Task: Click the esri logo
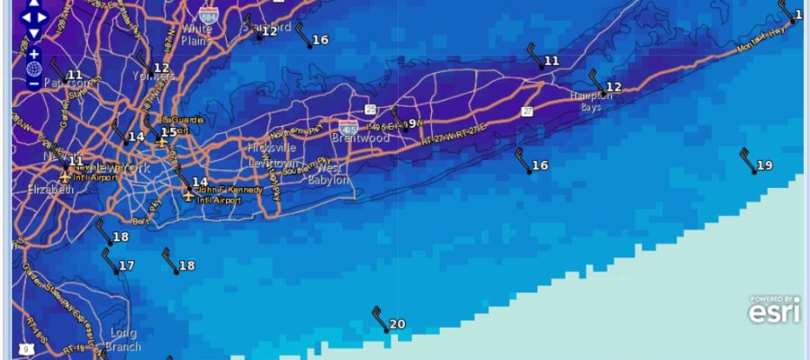click(774, 310)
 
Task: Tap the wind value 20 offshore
click(397, 325)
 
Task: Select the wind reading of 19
click(764, 166)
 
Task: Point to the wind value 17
click(126, 265)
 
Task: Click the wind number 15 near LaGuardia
click(168, 133)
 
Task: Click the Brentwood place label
click(361, 138)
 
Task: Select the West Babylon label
click(329, 175)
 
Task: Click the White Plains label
click(196, 34)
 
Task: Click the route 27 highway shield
click(527, 111)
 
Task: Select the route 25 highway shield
click(371, 109)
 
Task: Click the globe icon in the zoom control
click(33, 68)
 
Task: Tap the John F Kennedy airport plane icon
click(188, 193)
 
